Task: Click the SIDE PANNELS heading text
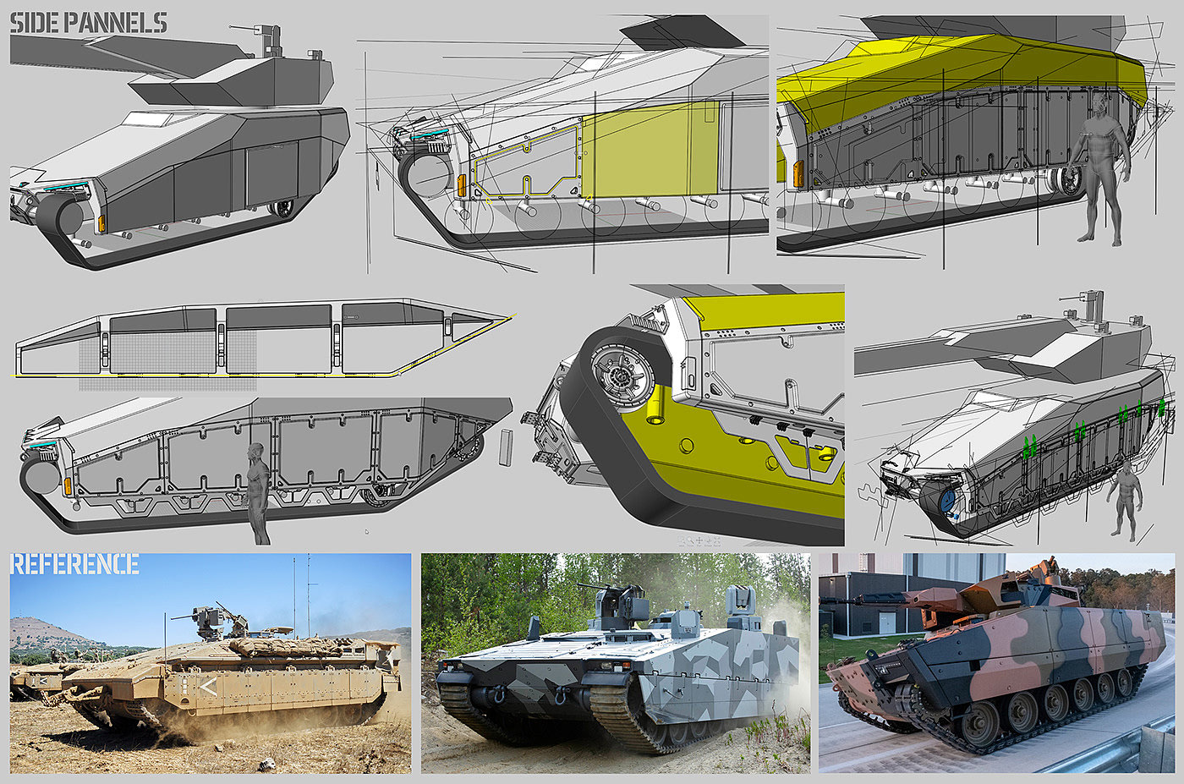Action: coord(89,24)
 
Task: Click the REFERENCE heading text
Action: coord(74,564)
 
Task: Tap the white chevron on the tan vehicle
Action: coord(209,688)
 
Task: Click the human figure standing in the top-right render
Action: coord(1103,170)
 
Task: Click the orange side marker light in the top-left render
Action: coord(102,224)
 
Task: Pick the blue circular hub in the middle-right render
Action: coord(948,497)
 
